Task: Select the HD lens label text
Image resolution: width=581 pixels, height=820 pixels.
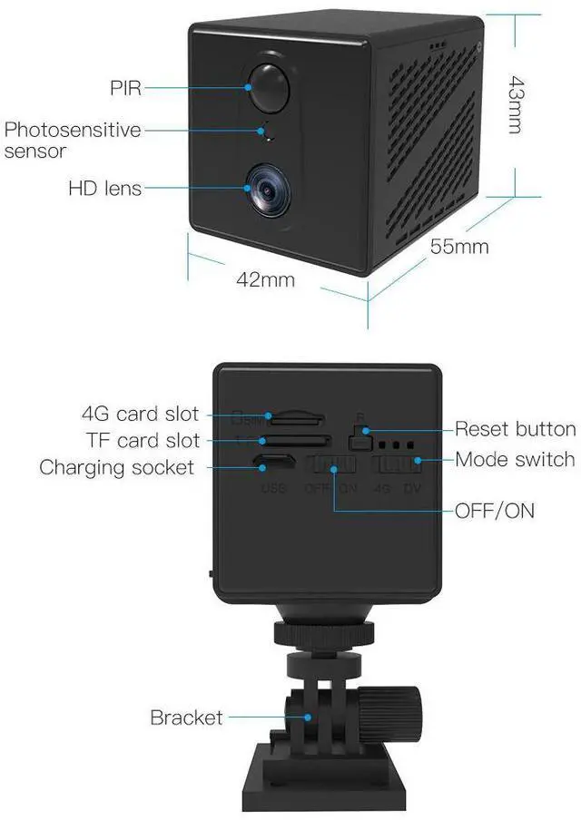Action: [x=104, y=189]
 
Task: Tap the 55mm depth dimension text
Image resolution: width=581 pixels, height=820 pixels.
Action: [x=459, y=247]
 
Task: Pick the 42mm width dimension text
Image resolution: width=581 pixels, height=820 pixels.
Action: [x=265, y=279]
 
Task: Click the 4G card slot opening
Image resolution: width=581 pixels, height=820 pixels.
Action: [x=298, y=419]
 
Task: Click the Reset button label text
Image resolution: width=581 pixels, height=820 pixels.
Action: [x=515, y=429]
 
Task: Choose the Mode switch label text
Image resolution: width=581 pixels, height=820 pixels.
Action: [x=515, y=459]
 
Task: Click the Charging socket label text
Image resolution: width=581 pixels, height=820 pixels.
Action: [x=116, y=468]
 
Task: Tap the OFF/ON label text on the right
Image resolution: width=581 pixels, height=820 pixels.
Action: [x=496, y=511]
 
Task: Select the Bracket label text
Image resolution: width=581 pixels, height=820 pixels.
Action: [x=186, y=717]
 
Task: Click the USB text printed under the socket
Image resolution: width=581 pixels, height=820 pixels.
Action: [x=273, y=489]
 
